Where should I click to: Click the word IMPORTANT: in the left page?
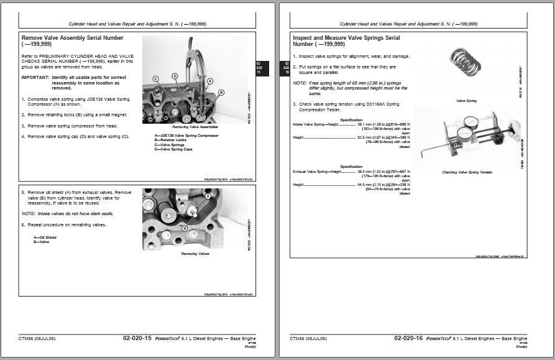[35, 78]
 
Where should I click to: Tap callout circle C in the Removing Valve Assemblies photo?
[156, 78]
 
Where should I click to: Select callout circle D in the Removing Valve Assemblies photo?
[175, 76]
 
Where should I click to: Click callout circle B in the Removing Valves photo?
[184, 228]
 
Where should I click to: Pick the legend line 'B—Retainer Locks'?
[172, 140]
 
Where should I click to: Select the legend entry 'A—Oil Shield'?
[45, 237]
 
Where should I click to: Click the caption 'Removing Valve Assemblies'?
[193, 127]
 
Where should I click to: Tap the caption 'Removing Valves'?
[195, 254]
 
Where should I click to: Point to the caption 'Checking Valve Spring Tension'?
[467, 172]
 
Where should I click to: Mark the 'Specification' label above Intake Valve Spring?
[351, 119]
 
